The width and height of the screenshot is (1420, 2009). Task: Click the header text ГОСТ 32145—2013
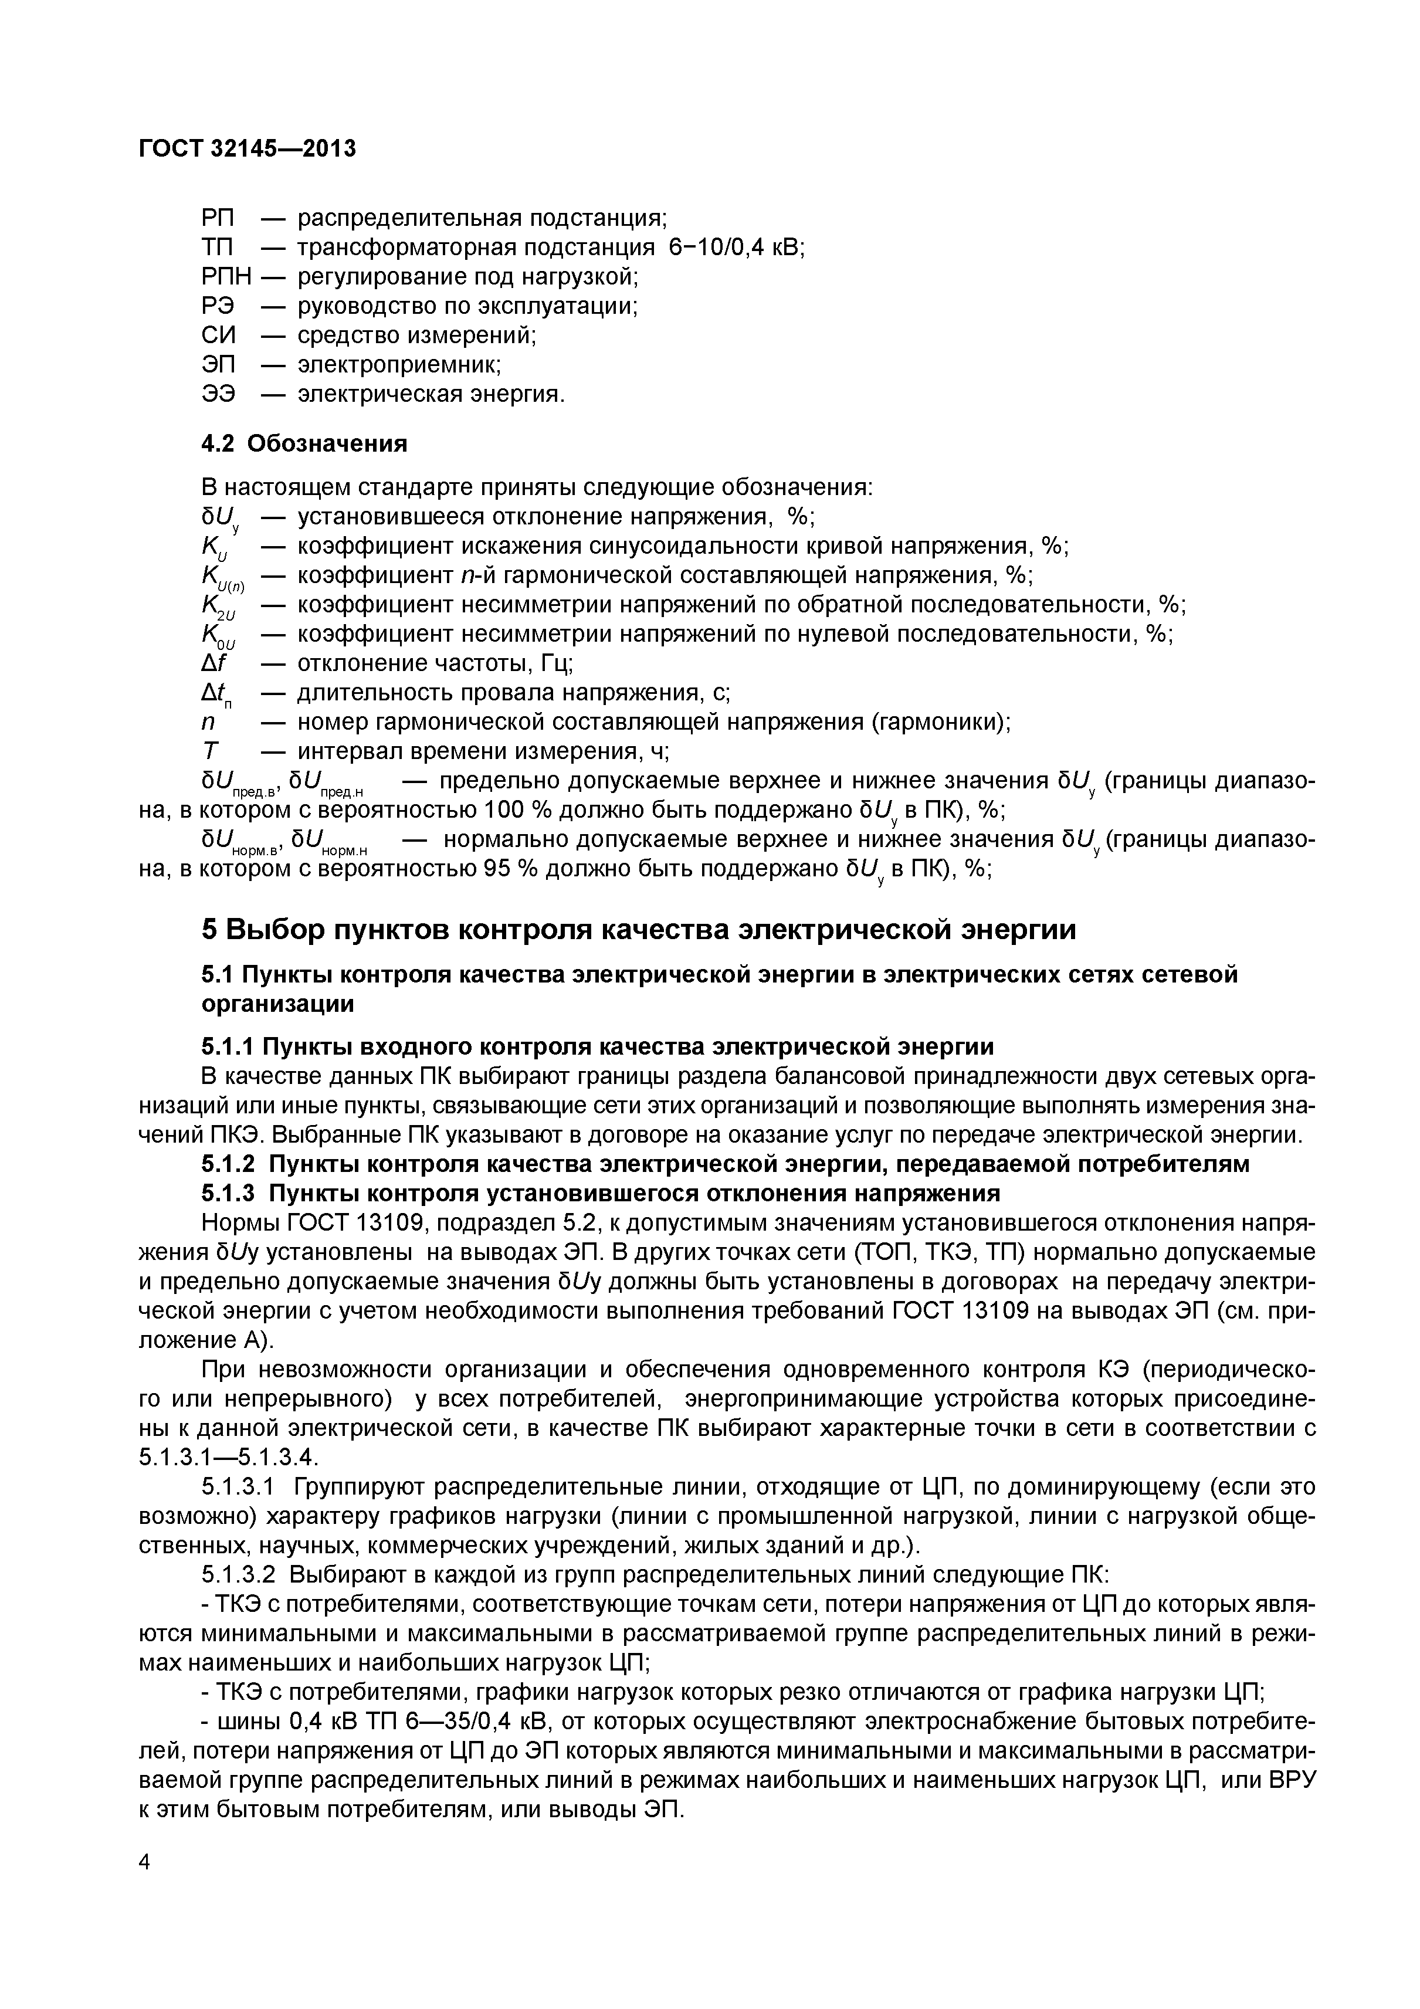pyautogui.click(x=248, y=149)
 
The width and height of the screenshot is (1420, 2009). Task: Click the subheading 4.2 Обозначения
pyautogui.click(x=304, y=443)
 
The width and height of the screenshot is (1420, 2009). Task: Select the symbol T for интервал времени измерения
pyautogui.click(x=210, y=751)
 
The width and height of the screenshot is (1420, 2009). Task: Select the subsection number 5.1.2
pyautogui.click(x=228, y=1164)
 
